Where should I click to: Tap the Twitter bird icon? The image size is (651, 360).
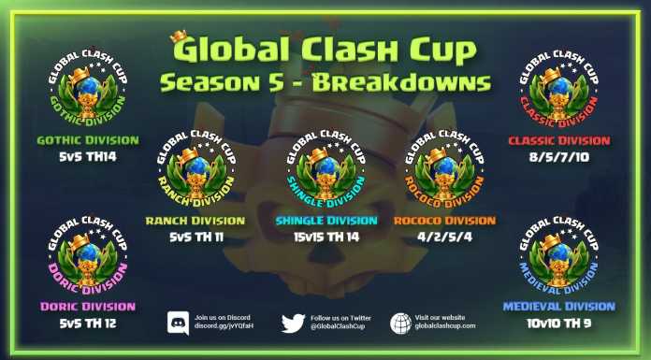(294, 323)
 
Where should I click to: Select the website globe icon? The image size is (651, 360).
(401, 323)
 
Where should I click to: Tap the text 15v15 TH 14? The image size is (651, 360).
(325, 238)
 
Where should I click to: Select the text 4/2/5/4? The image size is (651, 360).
(445, 238)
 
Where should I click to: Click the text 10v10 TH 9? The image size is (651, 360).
(558, 324)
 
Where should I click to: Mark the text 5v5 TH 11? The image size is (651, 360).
(195, 238)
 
